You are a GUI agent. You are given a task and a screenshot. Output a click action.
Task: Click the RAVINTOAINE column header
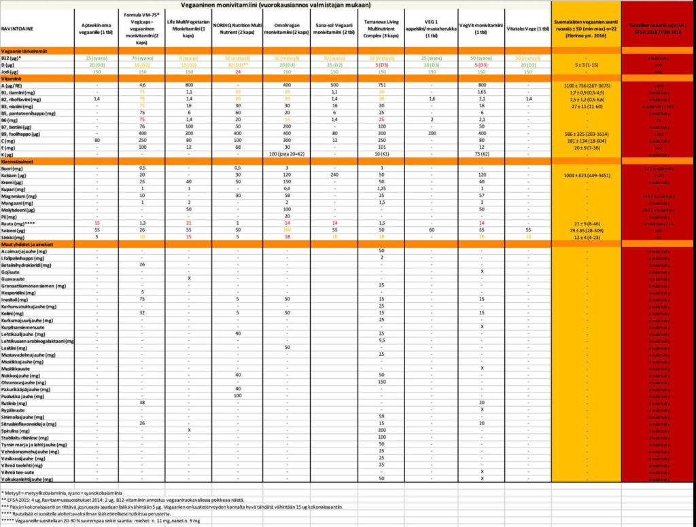click(x=20, y=29)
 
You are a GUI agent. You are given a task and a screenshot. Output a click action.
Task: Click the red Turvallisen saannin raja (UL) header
click(x=658, y=29)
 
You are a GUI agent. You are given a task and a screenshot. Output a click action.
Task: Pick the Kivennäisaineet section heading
click(x=19, y=161)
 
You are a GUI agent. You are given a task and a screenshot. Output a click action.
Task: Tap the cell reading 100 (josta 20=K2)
click(x=286, y=154)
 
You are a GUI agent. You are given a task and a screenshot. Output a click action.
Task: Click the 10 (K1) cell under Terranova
click(x=383, y=154)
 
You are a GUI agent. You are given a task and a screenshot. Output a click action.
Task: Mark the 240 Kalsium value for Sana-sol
click(x=334, y=175)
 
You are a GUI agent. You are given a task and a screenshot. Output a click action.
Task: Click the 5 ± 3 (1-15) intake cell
click(x=585, y=65)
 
